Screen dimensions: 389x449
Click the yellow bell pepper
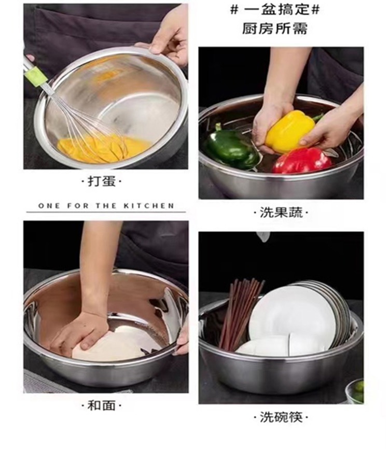pos(290,131)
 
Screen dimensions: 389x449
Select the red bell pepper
pos(302,161)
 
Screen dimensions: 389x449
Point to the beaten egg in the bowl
pos(103,148)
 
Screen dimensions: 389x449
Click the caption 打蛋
pos(102,181)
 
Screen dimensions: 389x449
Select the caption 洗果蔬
pos(281,213)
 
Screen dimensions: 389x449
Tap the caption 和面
pos(102,405)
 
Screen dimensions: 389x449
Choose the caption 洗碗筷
pos(281,417)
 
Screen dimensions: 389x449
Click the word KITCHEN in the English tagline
pos(149,206)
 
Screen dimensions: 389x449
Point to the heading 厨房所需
pos(275,29)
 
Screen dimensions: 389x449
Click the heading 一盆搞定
pos(275,10)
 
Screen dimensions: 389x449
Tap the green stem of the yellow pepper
pos(317,117)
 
